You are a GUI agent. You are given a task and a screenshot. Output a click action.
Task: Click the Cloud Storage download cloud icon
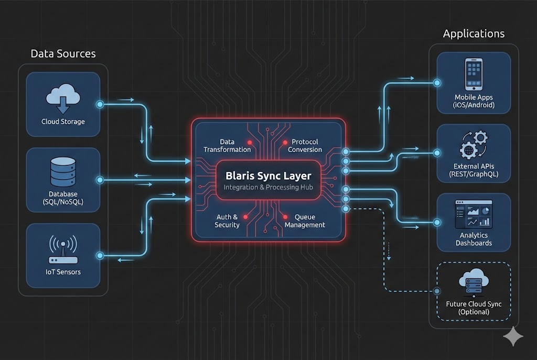tap(63, 100)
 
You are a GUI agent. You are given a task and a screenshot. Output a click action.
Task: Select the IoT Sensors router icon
tap(63, 249)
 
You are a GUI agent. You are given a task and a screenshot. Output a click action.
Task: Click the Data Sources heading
tap(63, 53)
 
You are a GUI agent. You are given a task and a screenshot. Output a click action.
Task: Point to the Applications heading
tap(474, 34)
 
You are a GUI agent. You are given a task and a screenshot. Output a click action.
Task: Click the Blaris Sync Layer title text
tap(268, 176)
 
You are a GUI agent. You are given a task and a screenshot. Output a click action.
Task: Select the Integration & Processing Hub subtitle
tap(268, 188)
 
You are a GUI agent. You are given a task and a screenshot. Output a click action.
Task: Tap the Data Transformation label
tap(227, 146)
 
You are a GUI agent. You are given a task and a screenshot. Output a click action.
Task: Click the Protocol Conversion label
tap(305, 146)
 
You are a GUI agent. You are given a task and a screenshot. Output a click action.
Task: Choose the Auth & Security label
tap(227, 221)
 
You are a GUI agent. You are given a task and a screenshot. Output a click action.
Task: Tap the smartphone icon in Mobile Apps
tap(474, 73)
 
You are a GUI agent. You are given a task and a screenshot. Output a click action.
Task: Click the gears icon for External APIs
tap(474, 145)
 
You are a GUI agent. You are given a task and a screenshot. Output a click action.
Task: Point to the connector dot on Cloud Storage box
tap(100, 105)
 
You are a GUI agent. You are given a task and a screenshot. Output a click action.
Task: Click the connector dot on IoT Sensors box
tap(100, 255)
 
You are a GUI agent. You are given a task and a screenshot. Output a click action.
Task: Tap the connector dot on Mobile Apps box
tap(437, 83)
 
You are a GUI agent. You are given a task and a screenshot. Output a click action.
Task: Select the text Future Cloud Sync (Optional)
tap(474, 308)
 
